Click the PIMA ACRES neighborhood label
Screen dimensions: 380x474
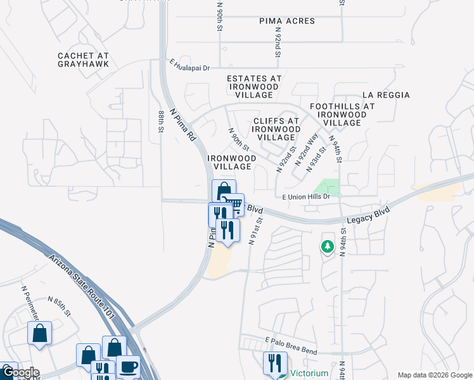pyautogui.click(x=286, y=21)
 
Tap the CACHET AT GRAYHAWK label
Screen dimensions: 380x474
pyautogui.click(x=83, y=60)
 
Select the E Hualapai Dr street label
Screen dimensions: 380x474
pyautogui.click(x=189, y=65)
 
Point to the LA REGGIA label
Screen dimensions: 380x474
pyautogui.click(x=386, y=95)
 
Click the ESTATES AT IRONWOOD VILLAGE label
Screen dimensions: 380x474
pyautogui.click(x=250, y=87)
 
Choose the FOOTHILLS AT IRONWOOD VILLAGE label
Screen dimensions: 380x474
pyautogui.click(x=342, y=115)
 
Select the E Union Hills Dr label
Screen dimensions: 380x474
pyautogui.click(x=307, y=197)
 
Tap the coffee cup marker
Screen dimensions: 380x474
pyautogui.click(x=129, y=367)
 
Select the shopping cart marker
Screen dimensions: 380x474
pyautogui.click(x=233, y=204)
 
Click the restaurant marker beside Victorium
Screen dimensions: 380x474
pyautogui.click(x=274, y=362)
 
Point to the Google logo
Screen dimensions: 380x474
pyautogui.click(x=20, y=372)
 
